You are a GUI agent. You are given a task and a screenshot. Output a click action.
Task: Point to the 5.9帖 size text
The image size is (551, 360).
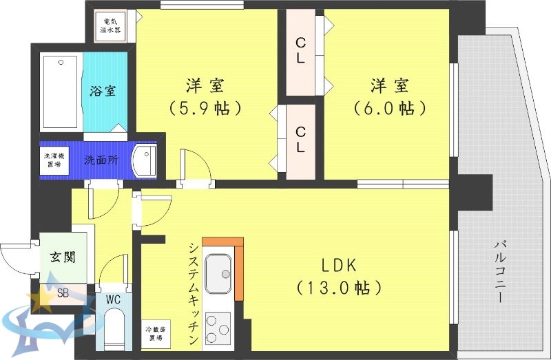point(205,108)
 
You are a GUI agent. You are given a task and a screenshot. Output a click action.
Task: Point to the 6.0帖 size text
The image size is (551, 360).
point(390,108)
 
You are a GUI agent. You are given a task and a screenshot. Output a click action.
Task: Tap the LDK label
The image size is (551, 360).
point(339,266)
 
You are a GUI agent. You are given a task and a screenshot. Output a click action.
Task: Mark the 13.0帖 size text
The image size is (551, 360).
point(339,287)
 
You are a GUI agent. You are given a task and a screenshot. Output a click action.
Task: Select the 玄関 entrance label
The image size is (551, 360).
point(62,257)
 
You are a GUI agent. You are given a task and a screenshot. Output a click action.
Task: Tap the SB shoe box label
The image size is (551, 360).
point(63,293)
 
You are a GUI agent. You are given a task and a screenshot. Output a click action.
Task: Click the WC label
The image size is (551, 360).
point(114,300)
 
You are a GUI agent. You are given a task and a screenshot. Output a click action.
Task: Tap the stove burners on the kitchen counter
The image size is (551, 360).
point(219,330)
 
